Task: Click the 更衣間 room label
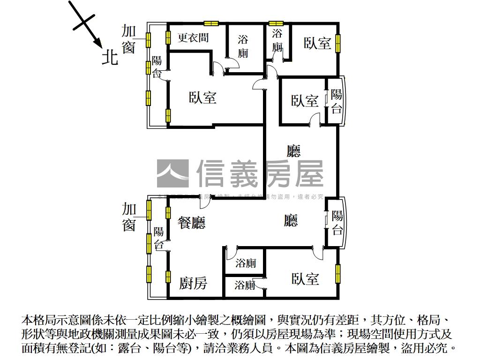(193, 37)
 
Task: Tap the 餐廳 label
(191, 222)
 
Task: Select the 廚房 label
(193, 283)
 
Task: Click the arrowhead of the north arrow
(99, 43)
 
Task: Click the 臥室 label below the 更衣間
(202, 97)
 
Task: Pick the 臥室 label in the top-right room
(317, 43)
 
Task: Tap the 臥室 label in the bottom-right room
(305, 279)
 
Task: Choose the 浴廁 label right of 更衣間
(243, 46)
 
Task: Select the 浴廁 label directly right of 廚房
(245, 285)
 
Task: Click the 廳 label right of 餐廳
(291, 220)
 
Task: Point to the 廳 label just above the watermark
(293, 151)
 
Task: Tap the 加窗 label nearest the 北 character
(128, 39)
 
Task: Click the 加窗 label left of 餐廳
(129, 217)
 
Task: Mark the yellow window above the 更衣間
(211, 23)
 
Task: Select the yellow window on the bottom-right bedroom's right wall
(337, 274)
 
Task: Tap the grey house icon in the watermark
(172, 173)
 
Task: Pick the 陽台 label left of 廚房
(159, 238)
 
